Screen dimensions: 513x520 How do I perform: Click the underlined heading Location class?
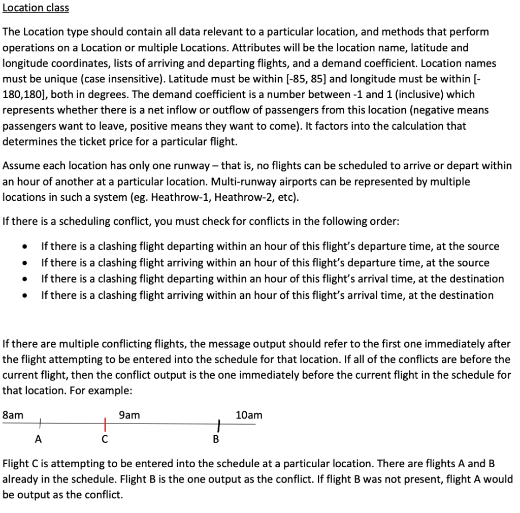tap(36, 8)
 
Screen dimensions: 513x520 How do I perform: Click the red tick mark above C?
tap(105, 423)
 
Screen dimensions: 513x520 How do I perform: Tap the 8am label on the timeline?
tap(13, 415)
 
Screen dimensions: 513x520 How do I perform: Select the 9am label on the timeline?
tap(129, 415)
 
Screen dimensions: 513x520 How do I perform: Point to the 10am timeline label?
tap(249, 415)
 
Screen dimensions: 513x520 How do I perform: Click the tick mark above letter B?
tap(218, 424)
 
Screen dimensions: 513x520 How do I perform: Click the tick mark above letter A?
tap(40, 421)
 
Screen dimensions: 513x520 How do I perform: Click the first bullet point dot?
tap(24, 247)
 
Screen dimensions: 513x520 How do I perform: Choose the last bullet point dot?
tap(24, 296)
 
